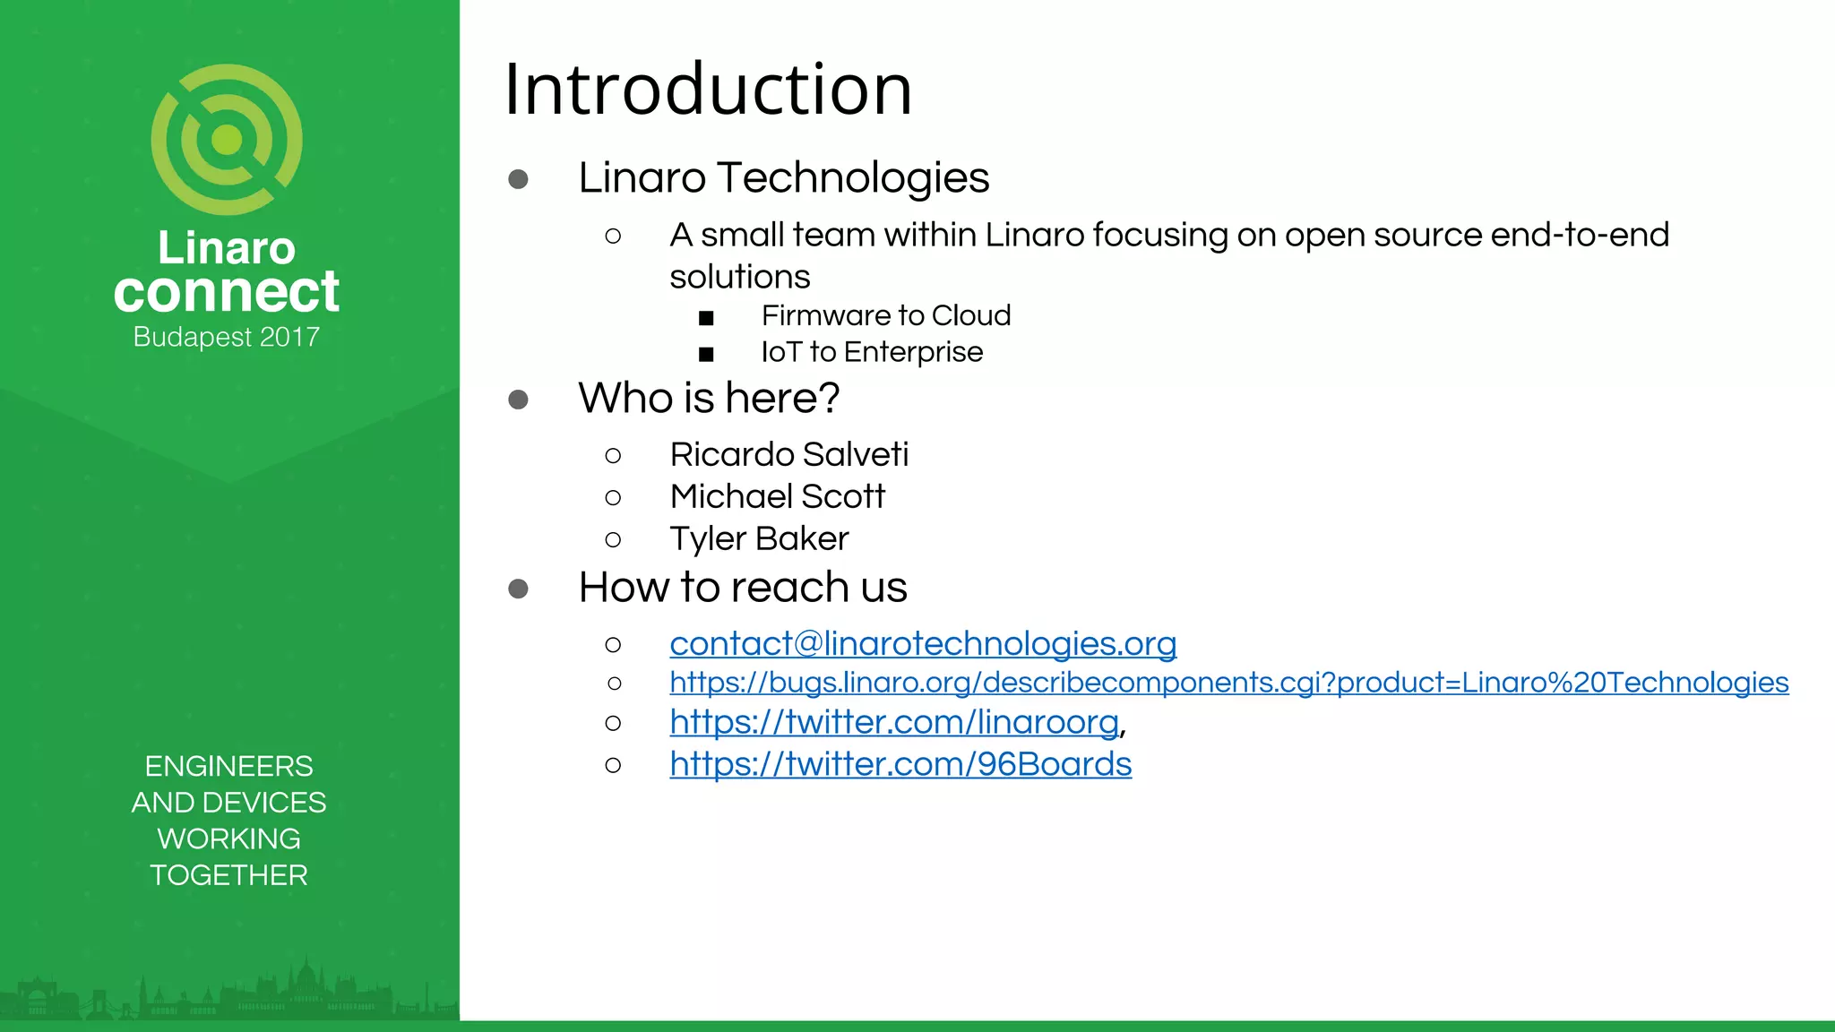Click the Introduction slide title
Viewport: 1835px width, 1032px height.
(x=708, y=90)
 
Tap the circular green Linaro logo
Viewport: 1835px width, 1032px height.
(x=227, y=139)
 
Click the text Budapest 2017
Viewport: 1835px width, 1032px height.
(x=227, y=337)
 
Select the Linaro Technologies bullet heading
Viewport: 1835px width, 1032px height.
(x=783, y=177)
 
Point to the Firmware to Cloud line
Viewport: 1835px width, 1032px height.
(x=885, y=315)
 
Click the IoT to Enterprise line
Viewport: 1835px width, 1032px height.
(x=871, y=352)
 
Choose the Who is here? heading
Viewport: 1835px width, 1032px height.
(x=709, y=398)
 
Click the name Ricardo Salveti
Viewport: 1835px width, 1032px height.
(x=788, y=454)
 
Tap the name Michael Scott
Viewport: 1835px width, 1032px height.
(x=777, y=496)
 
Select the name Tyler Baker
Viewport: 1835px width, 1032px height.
(x=759, y=538)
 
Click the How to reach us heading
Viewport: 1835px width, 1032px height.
(x=743, y=588)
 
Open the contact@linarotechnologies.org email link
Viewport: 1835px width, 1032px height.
(x=923, y=643)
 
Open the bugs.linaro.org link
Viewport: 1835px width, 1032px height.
(x=1228, y=683)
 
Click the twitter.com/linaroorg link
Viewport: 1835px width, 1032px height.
(x=894, y=722)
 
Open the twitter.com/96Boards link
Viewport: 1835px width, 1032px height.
(x=900, y=764)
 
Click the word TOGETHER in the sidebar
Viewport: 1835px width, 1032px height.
(x=228, y=875)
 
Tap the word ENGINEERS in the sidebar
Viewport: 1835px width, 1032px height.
(x=228, y=766)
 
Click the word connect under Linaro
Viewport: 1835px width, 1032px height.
(x=227, y=291)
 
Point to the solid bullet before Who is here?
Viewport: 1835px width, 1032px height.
(x=518, y=400)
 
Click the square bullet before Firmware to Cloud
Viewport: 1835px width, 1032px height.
(x=706, y=318)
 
